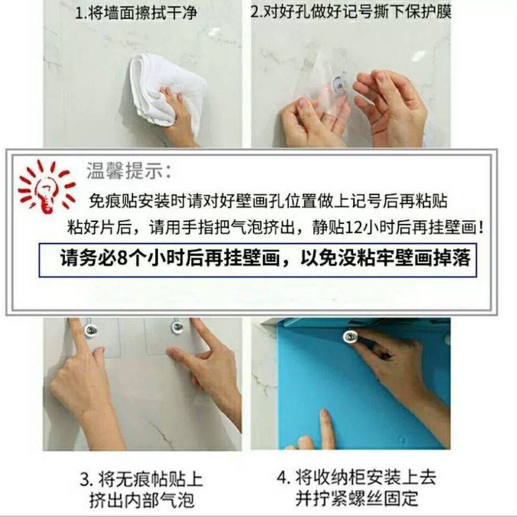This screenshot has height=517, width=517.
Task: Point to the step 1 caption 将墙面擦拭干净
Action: [136, 13]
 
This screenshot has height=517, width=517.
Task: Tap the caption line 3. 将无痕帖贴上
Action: [141, 479]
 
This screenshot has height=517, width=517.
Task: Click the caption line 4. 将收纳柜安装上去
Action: [356, 477]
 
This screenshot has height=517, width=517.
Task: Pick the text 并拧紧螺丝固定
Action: [356, 498]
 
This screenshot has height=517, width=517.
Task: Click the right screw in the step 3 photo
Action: [177, 327]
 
